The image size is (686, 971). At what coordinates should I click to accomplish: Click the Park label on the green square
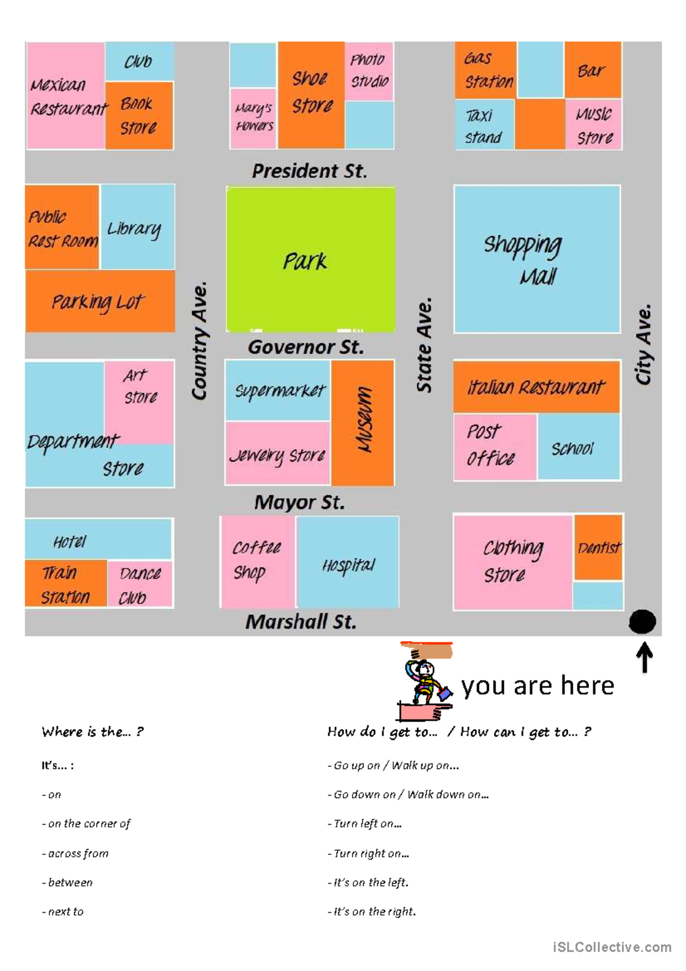305,261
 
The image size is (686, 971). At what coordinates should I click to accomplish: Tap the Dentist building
598,548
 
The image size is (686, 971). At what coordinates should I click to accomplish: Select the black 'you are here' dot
642,622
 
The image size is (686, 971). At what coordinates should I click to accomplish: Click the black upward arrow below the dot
644,658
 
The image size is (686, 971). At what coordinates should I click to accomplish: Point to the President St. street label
309,171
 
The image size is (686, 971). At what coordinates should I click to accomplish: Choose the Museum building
363,423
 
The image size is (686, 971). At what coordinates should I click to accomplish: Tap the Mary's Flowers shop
253,118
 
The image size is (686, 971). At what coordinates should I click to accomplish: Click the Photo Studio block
369,71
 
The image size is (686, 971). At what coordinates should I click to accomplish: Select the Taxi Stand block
484,126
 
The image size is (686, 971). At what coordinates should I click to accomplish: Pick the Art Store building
139,387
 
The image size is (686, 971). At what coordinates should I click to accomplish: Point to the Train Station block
65,584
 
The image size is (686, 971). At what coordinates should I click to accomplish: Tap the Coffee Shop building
257,561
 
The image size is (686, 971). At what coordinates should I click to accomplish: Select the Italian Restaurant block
536,387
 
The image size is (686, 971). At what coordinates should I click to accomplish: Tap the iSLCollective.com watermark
612,947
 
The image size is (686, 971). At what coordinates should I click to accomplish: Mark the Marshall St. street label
301,622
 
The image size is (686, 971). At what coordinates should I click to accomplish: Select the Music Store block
594,126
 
